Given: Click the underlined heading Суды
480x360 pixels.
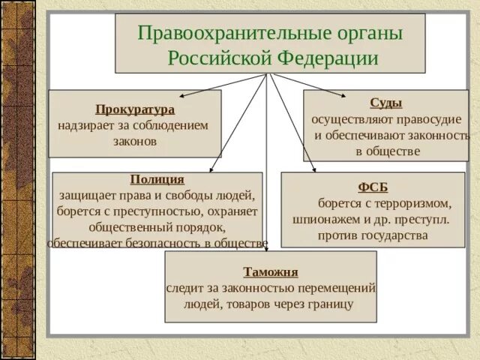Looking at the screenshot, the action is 385,103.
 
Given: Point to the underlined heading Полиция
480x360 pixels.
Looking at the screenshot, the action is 157,179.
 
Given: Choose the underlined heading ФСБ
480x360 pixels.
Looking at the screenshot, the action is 373,187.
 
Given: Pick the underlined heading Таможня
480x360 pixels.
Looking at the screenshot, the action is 271,271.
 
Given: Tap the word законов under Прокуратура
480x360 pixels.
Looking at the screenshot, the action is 135,140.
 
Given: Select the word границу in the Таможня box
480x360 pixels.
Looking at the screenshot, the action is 330,304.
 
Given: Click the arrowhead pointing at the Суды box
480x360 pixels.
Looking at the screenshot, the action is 344,95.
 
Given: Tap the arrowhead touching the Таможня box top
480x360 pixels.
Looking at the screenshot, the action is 267,249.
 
